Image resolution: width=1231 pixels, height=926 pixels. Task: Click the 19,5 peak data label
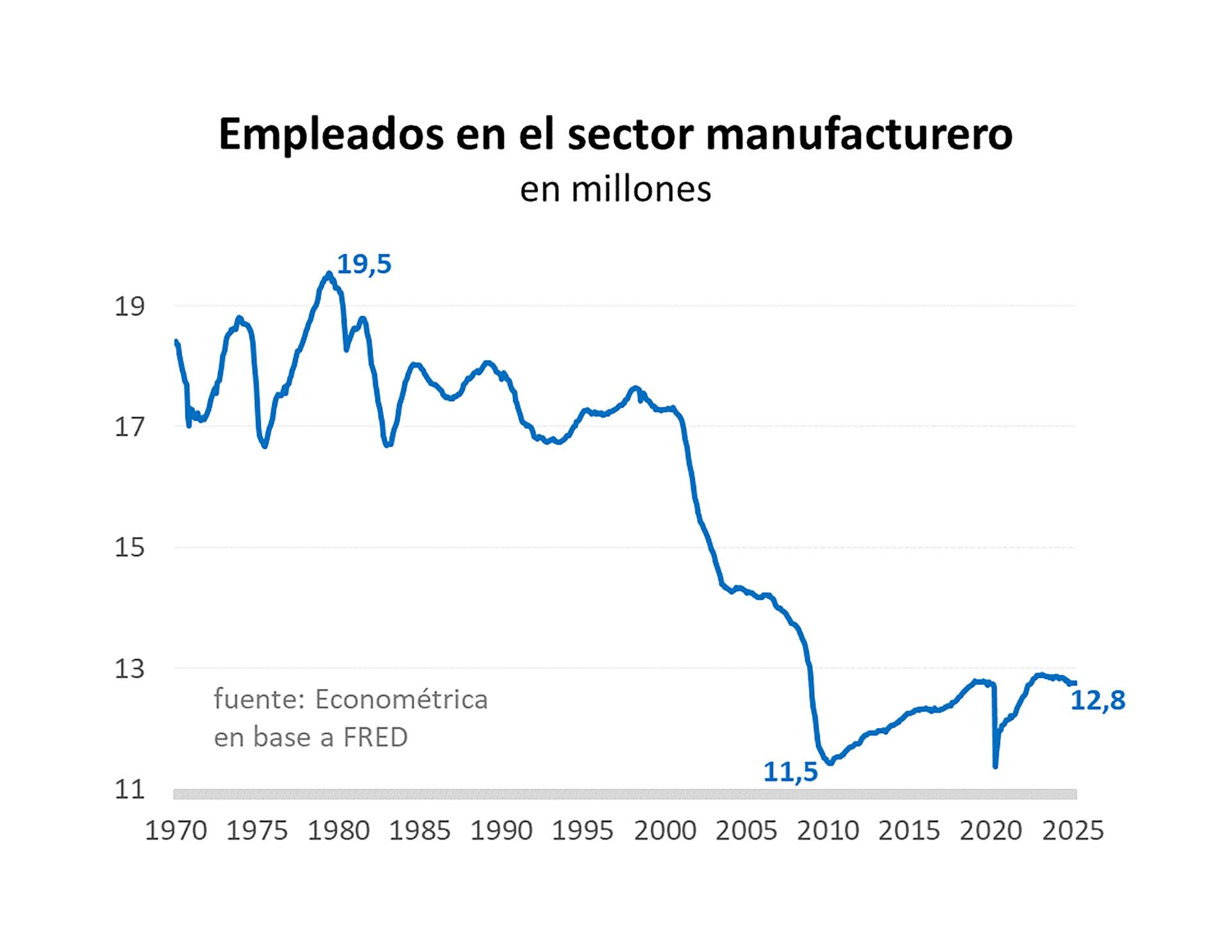pyautogui.click(x=364, y=264)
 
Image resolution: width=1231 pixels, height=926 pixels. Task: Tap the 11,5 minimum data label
pyautogui.click(x=790, y=772)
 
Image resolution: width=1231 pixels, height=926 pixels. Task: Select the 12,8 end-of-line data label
pyautogui.click(x=1098, y=700)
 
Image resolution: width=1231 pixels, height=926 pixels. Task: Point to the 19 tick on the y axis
pyautogui.click(x=130, y=307)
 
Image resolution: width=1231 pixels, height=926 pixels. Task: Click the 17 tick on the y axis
pyautogui.click(x=130, y=427)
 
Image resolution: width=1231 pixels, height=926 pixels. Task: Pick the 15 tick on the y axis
pyautogui.click(x=130, y=548)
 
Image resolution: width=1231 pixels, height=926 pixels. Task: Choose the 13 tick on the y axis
pyautogui.click(x=130, y=669)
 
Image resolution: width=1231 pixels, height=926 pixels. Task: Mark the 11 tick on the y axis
pyautogui.click(x=130, y=790)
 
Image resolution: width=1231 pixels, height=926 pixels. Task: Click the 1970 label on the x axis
pyautogui.click(x=176, y=831)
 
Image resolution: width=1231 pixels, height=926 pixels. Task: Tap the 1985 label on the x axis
pyautogui.click(x=420, y=831)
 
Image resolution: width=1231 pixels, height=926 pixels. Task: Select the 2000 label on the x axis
pyautogui.click(x=665, y=831)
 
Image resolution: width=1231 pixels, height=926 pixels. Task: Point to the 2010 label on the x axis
pyautogui.click(x=828, y=831)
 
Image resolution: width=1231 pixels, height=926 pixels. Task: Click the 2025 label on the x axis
pyautogui.click(x=1073, y=831)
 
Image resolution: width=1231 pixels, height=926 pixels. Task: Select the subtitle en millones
pyautogui.click(x=615, y=190)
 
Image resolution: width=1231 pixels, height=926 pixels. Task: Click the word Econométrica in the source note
pyautogui.click(x=401, y=699)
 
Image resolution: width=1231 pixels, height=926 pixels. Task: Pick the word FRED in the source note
pyautogui.click(x=375, y=737)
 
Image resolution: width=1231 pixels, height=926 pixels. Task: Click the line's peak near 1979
pyautogui.click(x=329, y=274)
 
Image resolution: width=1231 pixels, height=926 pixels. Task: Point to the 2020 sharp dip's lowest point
pyautogui.click(x=995, y=766)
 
